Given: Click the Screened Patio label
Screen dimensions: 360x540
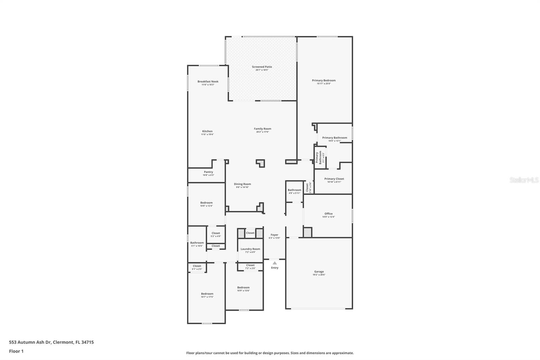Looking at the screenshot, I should pos(262,67).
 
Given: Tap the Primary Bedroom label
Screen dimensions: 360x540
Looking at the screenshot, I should pos(324,80).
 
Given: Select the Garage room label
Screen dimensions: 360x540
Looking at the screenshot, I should pos(319,272).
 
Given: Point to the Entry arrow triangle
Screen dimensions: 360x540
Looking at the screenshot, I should pos(275,263).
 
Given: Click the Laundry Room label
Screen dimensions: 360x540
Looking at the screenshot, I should pos(250,249).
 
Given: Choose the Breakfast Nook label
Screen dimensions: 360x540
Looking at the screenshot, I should pos(208,81).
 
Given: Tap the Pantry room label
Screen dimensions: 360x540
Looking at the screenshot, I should pos(208,172).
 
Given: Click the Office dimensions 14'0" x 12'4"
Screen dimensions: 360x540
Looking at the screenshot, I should pos(328,217).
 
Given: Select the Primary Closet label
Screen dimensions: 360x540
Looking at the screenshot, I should pos(334,179).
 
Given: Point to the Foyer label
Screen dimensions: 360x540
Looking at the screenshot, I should pos(274,235).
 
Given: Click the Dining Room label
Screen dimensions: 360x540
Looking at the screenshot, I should pos(242,184).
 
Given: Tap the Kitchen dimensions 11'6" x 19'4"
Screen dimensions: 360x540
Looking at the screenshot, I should pos(207,134).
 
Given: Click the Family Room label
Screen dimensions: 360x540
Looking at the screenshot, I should pos(263,129).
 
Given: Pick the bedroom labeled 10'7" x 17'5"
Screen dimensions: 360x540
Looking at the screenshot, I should pos(207,294).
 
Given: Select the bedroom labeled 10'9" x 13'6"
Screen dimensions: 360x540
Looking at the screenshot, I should pos(243,287).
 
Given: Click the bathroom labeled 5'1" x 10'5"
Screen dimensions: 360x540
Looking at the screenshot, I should pos(197,243).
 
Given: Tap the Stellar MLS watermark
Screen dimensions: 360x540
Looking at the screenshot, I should pos(524,180).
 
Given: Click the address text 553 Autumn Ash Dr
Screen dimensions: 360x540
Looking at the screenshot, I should pos(30,342).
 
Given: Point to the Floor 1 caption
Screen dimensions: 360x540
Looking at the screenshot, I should pos(16,351).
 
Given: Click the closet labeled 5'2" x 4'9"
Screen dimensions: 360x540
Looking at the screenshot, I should pos(216,233).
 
